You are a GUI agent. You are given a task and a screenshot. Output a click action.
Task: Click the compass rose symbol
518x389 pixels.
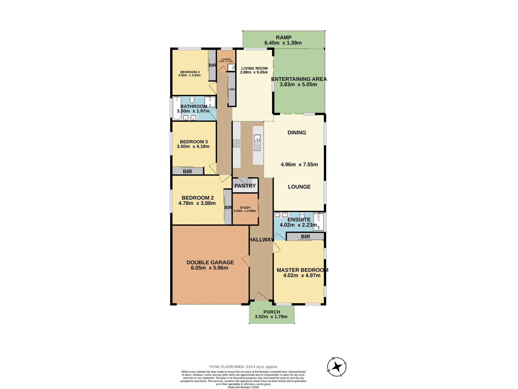click(337, 367)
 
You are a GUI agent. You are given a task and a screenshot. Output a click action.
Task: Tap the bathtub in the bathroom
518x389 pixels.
click(177, 108)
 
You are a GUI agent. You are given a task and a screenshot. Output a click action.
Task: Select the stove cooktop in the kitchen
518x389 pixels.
click(236, 143)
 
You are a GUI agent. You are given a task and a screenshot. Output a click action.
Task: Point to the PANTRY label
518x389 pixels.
click(245, 186)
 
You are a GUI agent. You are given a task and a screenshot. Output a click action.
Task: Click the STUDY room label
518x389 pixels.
click(245, 208)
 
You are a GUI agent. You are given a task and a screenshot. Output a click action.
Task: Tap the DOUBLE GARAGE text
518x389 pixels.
click(210, 262)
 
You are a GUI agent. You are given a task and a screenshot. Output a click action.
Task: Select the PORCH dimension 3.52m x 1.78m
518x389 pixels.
click(271, 317)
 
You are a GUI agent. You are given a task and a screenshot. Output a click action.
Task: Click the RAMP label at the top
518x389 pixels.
click(284, 38)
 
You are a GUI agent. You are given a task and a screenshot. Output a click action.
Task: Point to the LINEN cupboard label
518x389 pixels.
click(232, 89)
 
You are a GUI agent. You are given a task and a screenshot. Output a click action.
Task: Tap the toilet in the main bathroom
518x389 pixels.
click(192, 100)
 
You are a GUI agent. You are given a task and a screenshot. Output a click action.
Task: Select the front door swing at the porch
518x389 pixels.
click(261, 296)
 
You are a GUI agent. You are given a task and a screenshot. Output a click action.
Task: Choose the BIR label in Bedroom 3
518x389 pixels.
click(188, 172)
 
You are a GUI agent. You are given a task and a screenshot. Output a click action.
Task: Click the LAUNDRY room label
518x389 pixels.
click(226, 59)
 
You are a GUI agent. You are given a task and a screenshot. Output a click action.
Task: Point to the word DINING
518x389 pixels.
click(297, 133)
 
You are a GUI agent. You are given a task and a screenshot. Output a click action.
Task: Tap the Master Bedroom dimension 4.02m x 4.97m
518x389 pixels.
click(302, 276)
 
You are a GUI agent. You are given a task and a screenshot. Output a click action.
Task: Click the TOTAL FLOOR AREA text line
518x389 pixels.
click(243, 367)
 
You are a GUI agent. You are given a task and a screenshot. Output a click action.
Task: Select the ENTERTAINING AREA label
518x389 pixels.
click(299, 79)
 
